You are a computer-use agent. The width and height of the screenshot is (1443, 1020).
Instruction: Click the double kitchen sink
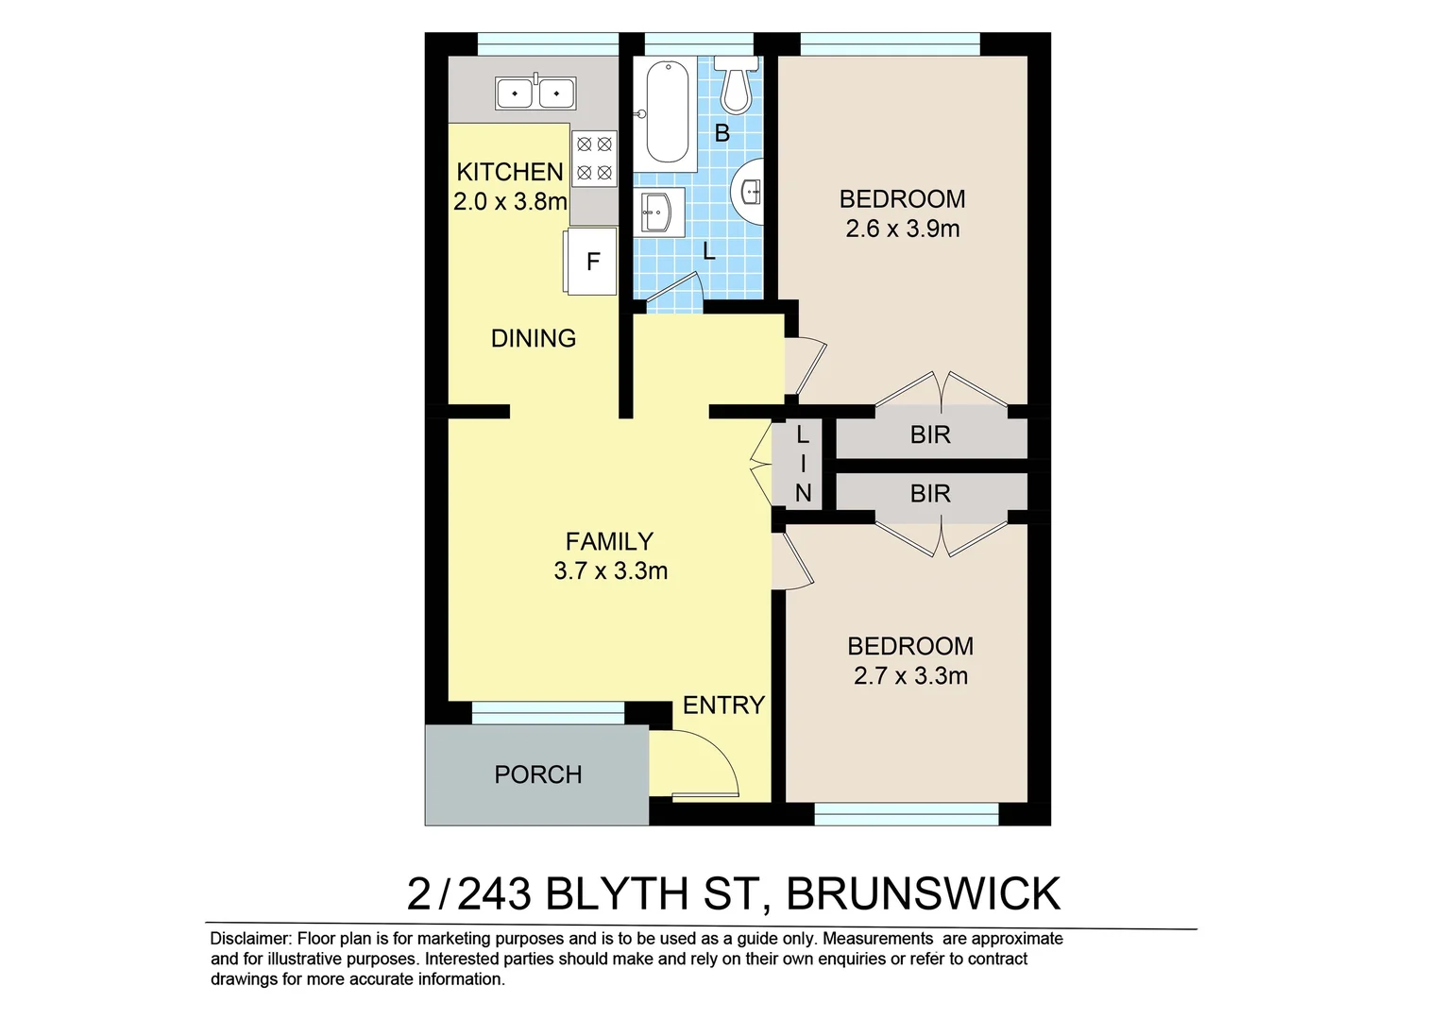(x=535, y=93)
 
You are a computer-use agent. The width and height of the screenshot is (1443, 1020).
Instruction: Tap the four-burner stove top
(x=594, y=159)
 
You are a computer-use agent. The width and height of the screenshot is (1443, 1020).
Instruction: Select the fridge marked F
(x=591, y=262)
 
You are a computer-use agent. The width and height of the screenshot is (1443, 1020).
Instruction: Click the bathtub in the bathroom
(x=667, y=111)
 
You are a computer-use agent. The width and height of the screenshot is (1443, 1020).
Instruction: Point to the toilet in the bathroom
(x=736, y=83)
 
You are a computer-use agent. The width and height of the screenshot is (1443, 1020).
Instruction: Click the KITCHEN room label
(x=510, y=172)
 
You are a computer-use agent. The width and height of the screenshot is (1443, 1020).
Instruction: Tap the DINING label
(x=534, y=338)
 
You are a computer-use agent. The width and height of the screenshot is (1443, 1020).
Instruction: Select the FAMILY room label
(x=609, y=541)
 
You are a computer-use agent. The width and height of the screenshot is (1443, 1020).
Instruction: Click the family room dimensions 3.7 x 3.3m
(x=611, y=571)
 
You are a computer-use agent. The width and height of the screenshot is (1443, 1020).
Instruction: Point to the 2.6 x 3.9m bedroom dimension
(x=903, y=229)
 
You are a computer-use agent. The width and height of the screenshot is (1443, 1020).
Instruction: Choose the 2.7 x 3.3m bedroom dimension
(x=910, y=676)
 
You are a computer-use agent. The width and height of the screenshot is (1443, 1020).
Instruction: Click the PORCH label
(x=538, y=774)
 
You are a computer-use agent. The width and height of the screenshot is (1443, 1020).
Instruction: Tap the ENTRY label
(x=723, y=705)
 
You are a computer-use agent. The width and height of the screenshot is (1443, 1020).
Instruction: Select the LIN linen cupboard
(x=802, y=464)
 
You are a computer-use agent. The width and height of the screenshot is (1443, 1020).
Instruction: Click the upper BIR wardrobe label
(x=930, y=435)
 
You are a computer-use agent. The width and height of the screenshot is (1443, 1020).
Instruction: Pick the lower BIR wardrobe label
(x=930, y=494)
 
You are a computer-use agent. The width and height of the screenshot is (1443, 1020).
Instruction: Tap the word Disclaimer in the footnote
(x=250, y=939)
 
